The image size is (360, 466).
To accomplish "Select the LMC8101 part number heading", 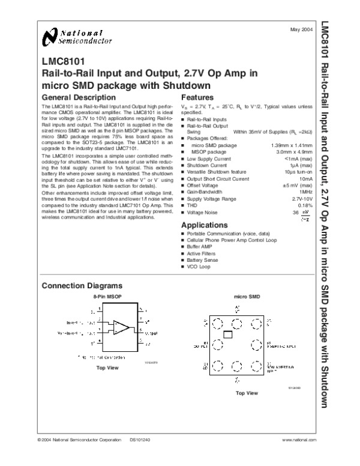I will click(59, 61).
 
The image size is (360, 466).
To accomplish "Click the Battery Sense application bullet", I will click(202, 259).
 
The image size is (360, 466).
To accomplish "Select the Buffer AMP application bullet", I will click(200, 246).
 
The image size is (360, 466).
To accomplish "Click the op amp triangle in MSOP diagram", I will click(122, 327).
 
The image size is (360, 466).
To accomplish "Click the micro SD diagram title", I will click(247, 297).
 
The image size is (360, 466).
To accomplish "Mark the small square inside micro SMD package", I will click(227, 334).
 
